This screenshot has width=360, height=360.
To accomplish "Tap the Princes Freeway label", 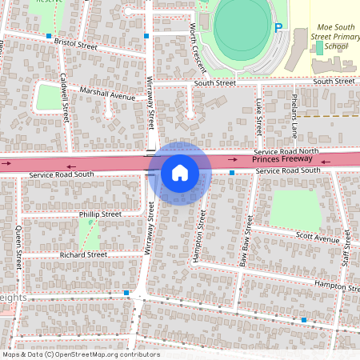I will pyautogui.click(x=281, y=160).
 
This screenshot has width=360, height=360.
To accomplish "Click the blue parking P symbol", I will pyautogui.click(x=278, y=28).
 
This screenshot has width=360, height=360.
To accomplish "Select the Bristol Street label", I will pyautogui.click(x=76, y=45).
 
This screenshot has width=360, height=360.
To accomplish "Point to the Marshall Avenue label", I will pyautogui.click(x=107, y=95).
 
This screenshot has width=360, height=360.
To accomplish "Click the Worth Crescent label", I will pyautogui.click(x=198, y=46).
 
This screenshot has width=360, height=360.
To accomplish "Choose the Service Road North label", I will pyautogui.click(x=286, y=151).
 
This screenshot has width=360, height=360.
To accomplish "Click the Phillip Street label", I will pyautogui.click(x=100, y=214).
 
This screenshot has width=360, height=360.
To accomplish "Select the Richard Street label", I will pyautogui.click(x=83, y=254).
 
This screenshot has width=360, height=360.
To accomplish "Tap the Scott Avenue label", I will pyautogui.click(x=318, y=238).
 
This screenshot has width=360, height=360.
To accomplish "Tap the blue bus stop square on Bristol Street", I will pyautogui.click(x=50, y=37).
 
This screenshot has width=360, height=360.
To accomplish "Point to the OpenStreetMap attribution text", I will pyautogui.click(x=80, y=354).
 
